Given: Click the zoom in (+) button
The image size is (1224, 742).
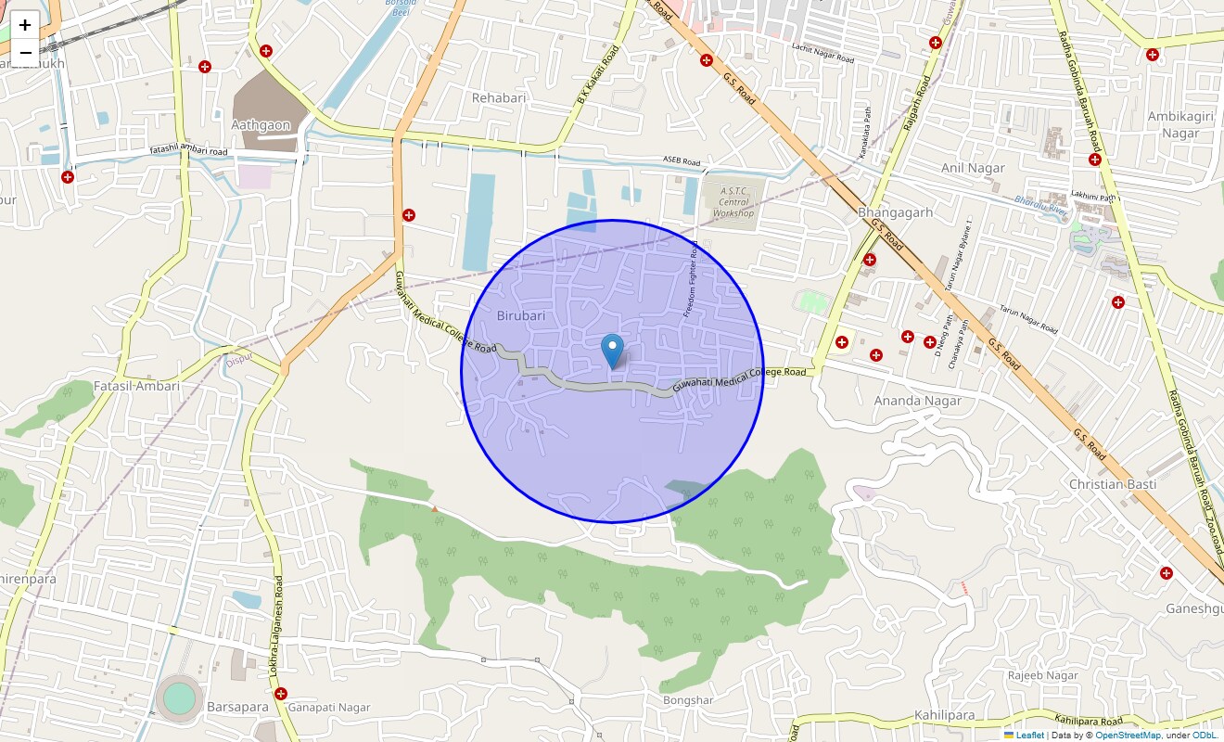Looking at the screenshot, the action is tap(25, 25).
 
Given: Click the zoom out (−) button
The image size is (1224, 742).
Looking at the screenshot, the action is tap(25, 52).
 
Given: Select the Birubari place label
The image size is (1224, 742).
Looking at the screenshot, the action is tap(521, 315).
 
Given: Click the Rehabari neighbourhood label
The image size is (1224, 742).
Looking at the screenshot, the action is tap(499, 97).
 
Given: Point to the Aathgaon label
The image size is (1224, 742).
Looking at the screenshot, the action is tap(261, 124).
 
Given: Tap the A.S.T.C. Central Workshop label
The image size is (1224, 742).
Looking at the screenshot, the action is tap(733, 201).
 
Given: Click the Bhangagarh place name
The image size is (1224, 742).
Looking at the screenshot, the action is tap(895, 212).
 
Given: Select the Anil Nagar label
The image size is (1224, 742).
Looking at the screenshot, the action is tap(973, 168).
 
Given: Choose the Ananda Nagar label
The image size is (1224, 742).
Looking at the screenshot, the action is tap(917, 401).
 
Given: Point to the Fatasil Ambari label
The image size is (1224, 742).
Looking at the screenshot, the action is tap(137, 386).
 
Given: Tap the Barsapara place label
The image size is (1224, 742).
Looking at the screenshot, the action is tap(237, 707).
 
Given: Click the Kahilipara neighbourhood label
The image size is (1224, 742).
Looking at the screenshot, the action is tap(945, 715).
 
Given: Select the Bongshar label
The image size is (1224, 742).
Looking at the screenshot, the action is tap(688, 699).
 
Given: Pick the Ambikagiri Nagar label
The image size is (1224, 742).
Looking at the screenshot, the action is tap(1173, 124).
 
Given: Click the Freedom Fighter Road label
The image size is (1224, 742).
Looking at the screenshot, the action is tap(692, 279).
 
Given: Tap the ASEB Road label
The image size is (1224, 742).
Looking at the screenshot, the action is tap(682, 161).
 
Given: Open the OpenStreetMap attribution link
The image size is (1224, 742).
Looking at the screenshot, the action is tap(1128, 736).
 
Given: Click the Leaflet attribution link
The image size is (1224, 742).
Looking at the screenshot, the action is tap(1029, 736).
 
